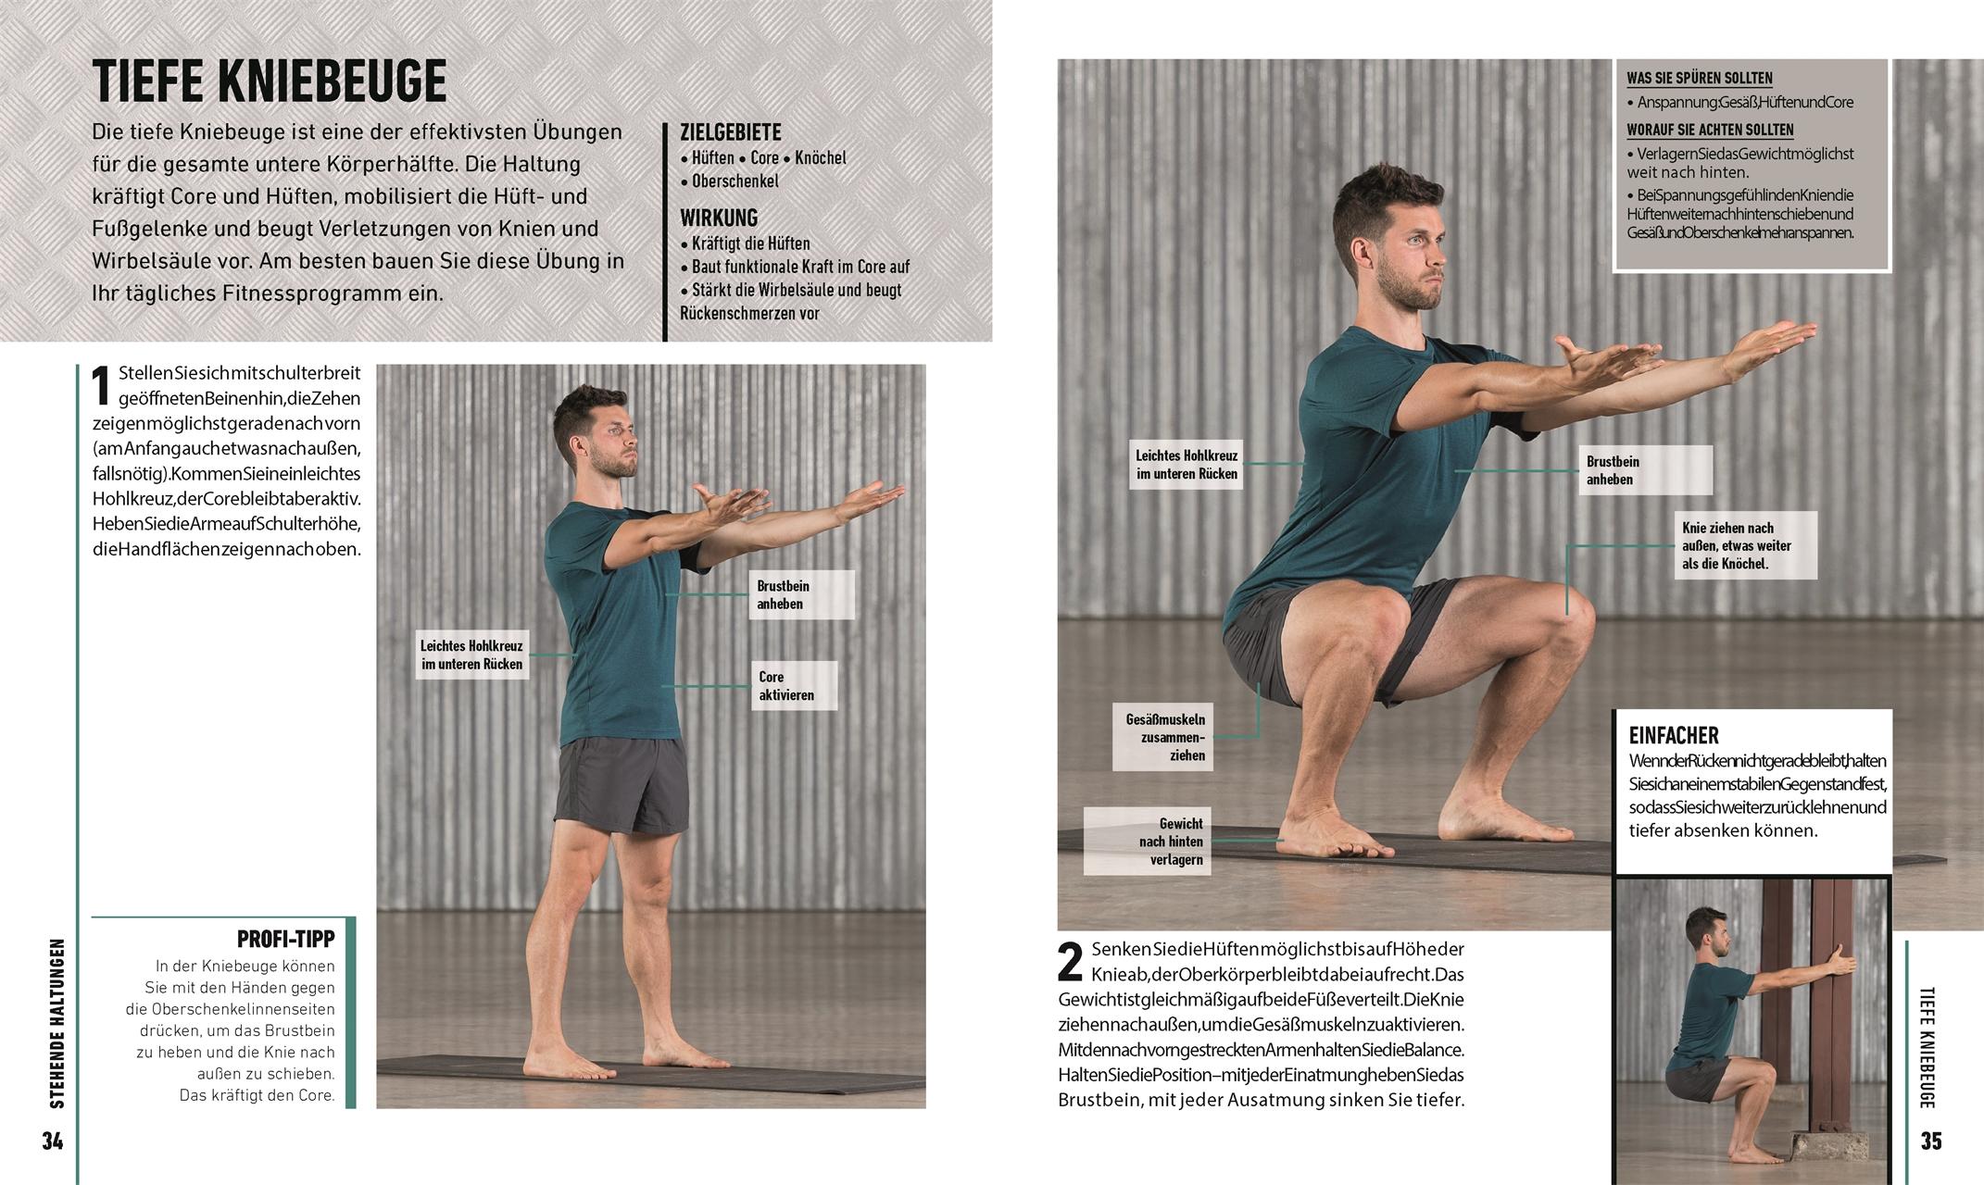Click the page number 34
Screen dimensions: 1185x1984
(53, 1141)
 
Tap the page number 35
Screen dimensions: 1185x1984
(1930, 1141)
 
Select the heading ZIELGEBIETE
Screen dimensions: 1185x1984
(730, 132)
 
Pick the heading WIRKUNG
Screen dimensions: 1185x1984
(719, 218)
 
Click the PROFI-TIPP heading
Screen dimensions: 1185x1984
(285, 939)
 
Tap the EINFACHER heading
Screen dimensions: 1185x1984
(1673, 736)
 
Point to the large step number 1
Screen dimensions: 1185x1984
(103, 386)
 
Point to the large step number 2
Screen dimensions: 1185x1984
(1070, 963)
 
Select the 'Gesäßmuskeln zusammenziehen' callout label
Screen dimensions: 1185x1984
(1165, 737)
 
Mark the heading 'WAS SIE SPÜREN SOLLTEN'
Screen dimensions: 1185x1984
(1699, 79)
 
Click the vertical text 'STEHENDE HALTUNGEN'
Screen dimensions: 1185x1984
(57, 1023)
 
